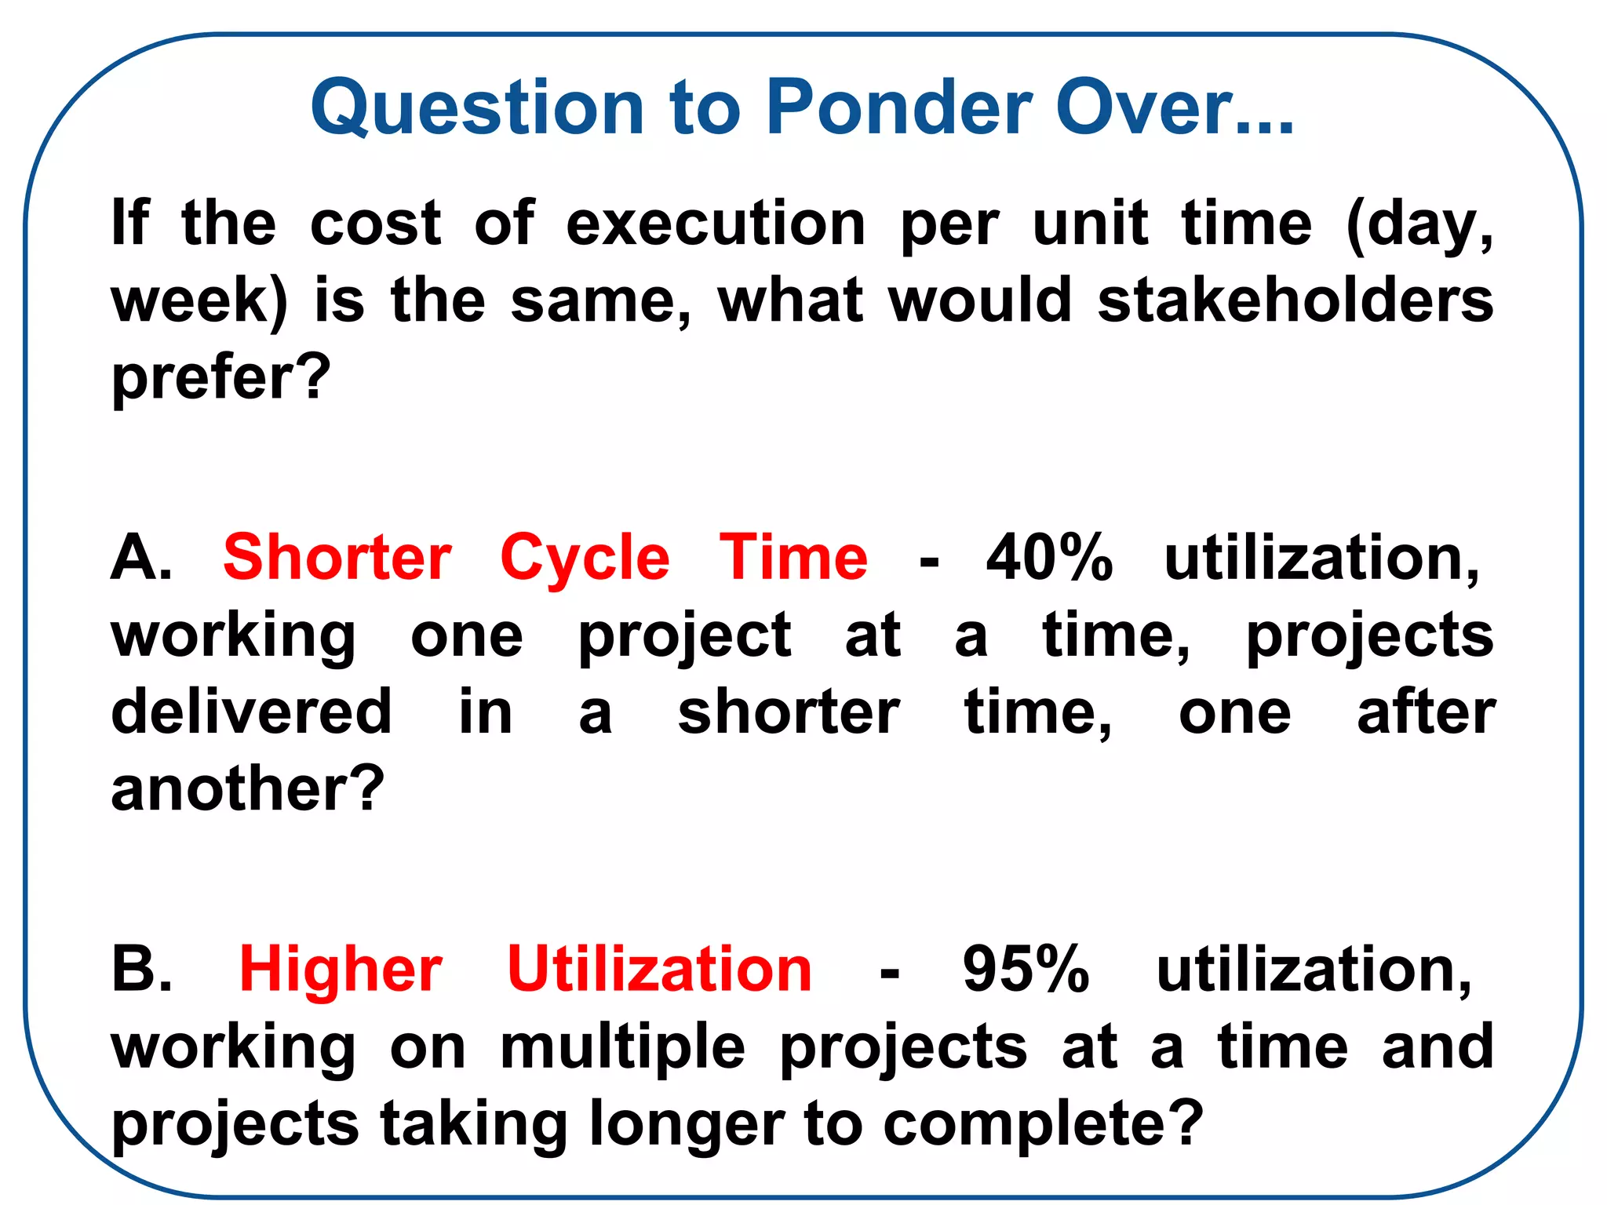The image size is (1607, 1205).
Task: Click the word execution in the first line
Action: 716,224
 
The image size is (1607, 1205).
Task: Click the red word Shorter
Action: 337,558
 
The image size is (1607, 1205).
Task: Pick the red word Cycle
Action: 585,558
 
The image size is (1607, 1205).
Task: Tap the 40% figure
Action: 1049,558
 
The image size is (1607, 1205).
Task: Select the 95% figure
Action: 1026,970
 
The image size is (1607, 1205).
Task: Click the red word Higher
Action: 341,970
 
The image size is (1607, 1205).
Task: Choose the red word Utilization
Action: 659,970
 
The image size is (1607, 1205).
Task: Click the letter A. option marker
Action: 141,558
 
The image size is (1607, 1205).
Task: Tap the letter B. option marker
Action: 141,970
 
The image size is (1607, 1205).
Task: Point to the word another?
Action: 248,788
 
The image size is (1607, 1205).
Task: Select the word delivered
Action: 251,712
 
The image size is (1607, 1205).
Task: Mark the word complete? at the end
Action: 1043,1123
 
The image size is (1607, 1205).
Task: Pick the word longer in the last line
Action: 687,1123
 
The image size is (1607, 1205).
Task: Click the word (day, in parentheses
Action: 1419,224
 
